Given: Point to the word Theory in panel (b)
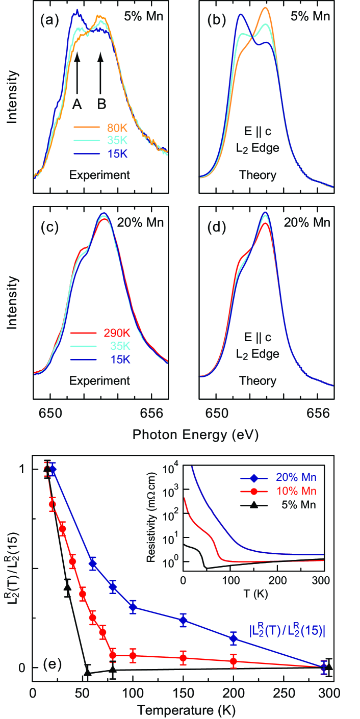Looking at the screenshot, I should [x=258, y=175].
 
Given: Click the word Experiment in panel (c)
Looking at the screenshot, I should [x=101, y=380].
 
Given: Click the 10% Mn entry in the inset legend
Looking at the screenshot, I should [x=297, y=491].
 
